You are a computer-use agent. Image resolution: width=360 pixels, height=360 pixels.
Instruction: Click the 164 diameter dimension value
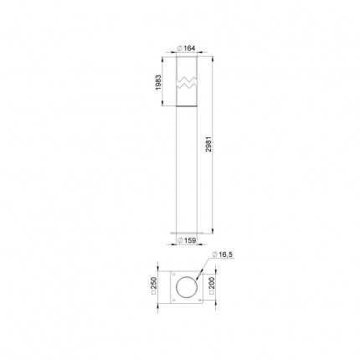(x=189, y=49)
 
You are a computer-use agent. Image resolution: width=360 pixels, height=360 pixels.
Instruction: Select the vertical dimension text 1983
(x=158, y=82)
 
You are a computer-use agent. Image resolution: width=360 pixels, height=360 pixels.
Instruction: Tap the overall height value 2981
(x=208, y=144)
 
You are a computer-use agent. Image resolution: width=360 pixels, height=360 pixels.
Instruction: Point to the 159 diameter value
(x=190, y=240)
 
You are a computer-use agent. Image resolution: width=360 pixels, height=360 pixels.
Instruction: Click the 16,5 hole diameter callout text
(x=226, y=255)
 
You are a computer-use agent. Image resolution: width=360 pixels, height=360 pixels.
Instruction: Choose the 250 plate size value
(x=154, y=283)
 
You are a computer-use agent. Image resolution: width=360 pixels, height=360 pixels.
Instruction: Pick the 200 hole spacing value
(x=212, y=283)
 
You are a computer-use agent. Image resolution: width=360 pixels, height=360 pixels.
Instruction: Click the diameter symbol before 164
(x=180, y=49)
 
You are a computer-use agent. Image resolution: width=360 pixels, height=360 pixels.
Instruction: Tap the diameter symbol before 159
(x=180, y=240)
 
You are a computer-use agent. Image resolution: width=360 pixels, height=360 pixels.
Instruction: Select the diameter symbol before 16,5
(x=214, y=255)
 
